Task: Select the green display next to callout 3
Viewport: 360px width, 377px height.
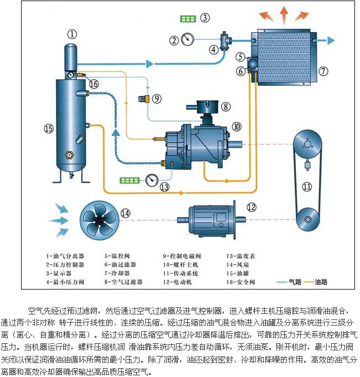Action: click(188, 19)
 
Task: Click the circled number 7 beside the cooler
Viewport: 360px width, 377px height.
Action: click(323, 71)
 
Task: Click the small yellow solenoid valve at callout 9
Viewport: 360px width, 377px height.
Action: click(142, 99)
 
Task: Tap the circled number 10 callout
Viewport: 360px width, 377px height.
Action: click(236, 127)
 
